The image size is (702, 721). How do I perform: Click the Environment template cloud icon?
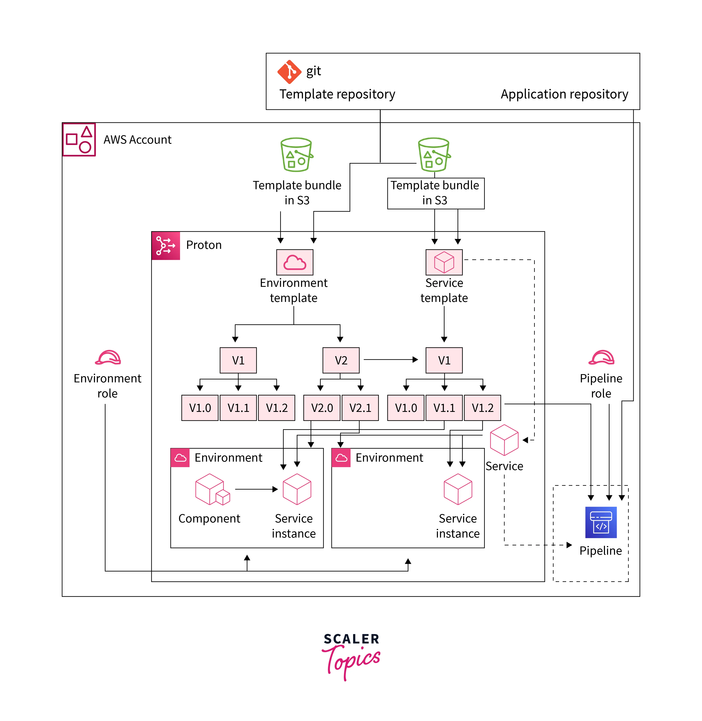coord(295,262)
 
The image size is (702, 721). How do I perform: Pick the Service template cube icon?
coord(444,262)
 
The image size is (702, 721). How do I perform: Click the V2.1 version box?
coord(360,408)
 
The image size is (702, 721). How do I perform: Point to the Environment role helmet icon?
coord(108,357)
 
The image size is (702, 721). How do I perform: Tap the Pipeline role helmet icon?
coord(601,357)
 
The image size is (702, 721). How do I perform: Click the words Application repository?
coord(564,94)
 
